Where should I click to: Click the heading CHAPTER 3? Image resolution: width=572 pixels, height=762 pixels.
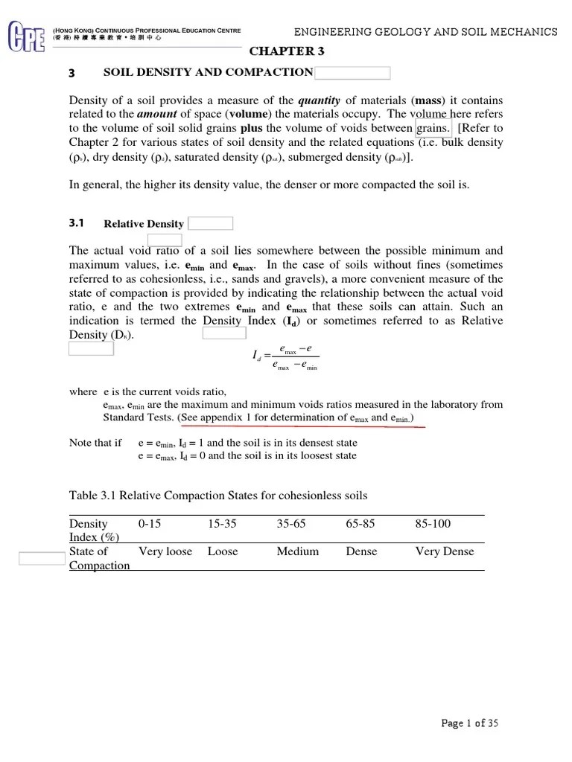click(287, 51)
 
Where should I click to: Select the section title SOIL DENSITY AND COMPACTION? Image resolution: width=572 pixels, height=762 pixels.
click(208, 72)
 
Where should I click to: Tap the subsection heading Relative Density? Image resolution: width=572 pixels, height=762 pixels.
click(144, 224)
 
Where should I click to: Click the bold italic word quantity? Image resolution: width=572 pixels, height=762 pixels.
click(319, 100)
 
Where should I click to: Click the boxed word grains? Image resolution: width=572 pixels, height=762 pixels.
click(433, 129)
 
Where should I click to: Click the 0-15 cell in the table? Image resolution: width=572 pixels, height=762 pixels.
click(150, 524)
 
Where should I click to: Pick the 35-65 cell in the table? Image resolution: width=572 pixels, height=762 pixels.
click(291, 524)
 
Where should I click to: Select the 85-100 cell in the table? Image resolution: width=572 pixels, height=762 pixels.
click(433, 524)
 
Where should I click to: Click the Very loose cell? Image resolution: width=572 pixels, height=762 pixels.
click(165, 551)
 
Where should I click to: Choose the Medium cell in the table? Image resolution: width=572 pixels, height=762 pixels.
click(297, 551)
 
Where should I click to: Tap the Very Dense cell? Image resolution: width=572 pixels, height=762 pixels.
click(444, 551)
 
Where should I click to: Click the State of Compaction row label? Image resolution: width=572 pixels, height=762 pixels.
click(99, 558)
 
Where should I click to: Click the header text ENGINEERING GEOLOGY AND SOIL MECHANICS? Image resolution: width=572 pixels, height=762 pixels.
click(425, 32)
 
